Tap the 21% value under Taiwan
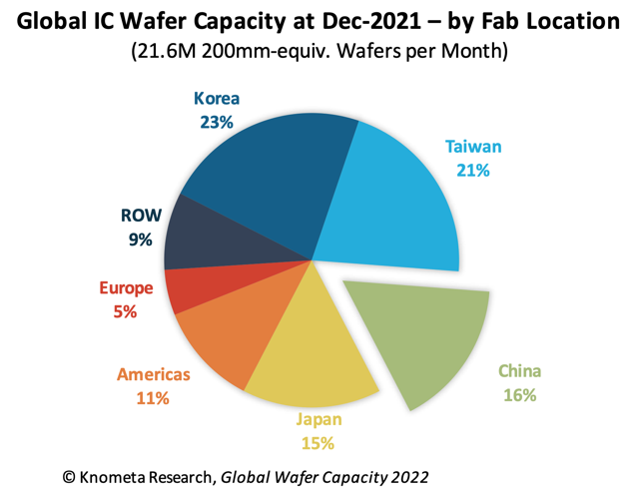473,170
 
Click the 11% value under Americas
153,398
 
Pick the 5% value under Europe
126,312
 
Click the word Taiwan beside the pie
473,147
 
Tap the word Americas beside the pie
153,375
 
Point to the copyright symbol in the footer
69,478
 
